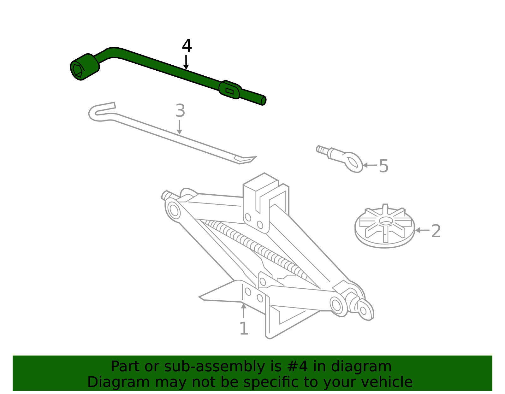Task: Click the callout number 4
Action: click(187, 46)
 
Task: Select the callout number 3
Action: click(180, 111)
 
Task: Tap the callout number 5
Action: click(383, 166)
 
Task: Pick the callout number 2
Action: click(436, 231)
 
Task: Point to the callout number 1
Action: click(244, 328)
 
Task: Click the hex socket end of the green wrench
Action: click(77, 70)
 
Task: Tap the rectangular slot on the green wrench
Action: click(229, 91)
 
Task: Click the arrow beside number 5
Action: click(370, 165)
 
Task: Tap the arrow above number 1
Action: click(243, 310)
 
